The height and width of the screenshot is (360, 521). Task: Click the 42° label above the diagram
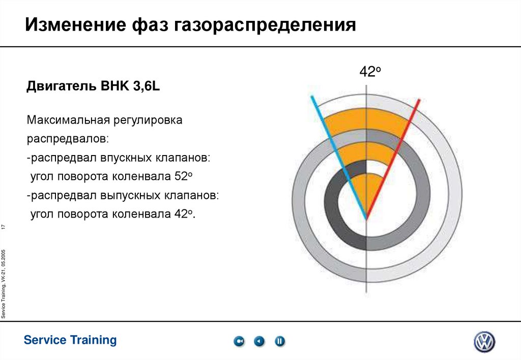[370, 72]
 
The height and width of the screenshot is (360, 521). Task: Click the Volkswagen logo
[484, 342]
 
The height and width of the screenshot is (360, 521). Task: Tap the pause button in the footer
[280, 342]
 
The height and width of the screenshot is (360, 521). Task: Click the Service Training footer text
[70, 340]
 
